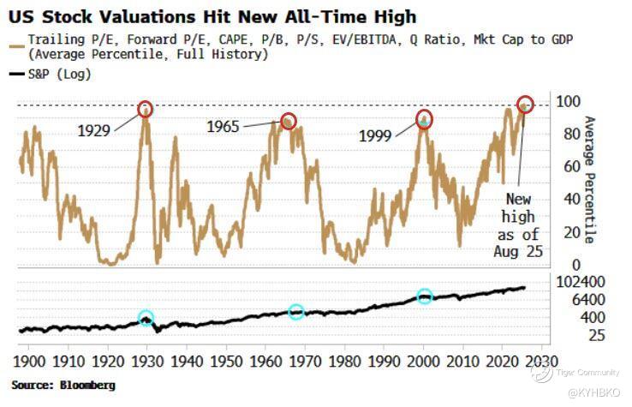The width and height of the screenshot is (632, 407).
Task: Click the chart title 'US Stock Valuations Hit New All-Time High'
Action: tap(213, 15)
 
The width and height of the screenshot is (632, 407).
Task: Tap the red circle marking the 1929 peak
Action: tap(146, 109)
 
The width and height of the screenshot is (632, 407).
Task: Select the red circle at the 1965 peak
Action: tap(289, 121)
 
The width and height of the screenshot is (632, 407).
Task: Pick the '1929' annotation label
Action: tap(94, 132)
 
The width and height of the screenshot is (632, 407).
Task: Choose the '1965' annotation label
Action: tap(224, 127)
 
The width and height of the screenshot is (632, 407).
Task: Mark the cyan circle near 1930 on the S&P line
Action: tap(146, 318)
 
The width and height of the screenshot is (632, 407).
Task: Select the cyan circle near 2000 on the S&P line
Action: tap(425, 296)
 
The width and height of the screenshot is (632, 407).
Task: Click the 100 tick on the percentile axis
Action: tap(569, 102)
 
